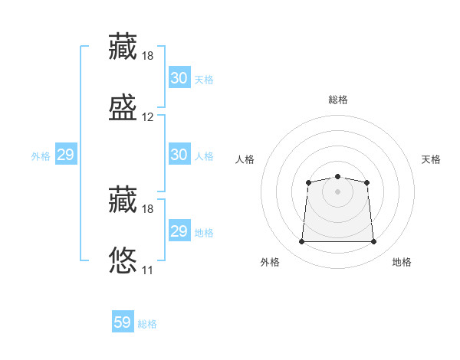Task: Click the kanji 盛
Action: (123, 107)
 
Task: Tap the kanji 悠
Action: (123, 260)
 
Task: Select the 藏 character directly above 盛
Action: (123, 46)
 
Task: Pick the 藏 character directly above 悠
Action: (123, 199)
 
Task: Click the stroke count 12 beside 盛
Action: (148, 117)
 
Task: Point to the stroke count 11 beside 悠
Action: (148, 270)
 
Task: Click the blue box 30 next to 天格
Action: (179, 78)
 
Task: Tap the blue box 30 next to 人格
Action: (179, 155)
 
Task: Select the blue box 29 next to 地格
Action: (179, 231)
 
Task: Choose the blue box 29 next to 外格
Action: (65, 155)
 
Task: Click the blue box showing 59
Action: (123, 322)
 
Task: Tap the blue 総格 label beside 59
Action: (147, 324)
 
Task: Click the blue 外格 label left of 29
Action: (41, 156)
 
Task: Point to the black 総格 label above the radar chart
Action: (338, 100)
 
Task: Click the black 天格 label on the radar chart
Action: (432, 159)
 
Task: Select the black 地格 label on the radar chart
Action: (402, 262)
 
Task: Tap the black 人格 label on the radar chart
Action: (245, 159)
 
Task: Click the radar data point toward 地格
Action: (373, 242)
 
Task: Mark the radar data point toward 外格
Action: (301, 242)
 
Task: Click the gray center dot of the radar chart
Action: (337, 191)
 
